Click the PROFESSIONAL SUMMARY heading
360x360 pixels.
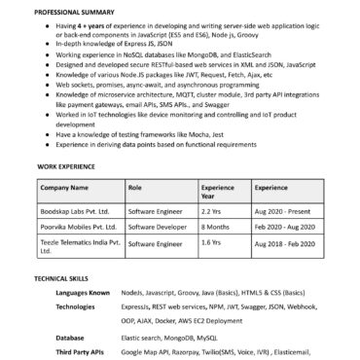pos(70,10)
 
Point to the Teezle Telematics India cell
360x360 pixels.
pos(78,247)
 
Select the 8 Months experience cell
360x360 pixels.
pos(215,228)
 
